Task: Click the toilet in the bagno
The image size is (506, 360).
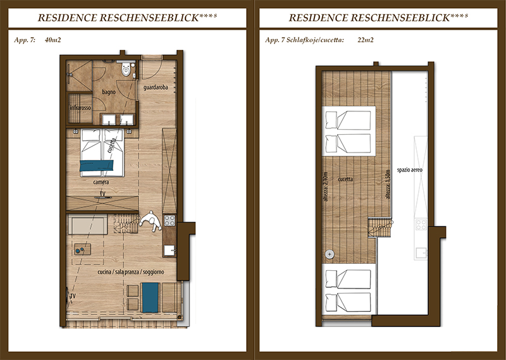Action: pos(126,69)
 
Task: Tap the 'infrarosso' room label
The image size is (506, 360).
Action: pos(80,108)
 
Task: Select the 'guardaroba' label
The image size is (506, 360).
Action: pos(156,87)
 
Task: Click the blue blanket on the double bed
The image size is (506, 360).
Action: pos(97,165)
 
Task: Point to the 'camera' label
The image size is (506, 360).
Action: pos(101,182)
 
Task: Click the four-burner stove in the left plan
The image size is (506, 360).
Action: pos(170,220)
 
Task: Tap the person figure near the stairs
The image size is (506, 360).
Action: pos(151,221)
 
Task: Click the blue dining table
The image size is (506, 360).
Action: pos(151,297)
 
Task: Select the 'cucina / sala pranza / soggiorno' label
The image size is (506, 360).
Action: pos(131,272)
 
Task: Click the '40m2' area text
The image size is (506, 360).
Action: pos(53,40)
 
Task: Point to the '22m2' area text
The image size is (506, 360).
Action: pos(366,40)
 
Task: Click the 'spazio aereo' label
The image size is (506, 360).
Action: pos(409,170)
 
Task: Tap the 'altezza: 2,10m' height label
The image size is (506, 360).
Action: pos(325,187)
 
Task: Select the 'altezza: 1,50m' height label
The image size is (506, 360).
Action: pos(388,184)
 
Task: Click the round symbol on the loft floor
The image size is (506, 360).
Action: pos(330,254)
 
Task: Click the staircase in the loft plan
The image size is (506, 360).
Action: pos(380,228)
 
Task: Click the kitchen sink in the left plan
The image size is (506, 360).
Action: pos(169,250)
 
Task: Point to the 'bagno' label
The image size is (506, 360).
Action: pos(109,92)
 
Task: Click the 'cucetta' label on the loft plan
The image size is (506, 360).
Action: pos(345,179)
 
